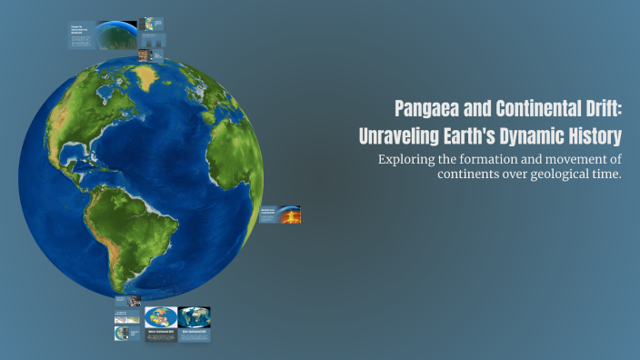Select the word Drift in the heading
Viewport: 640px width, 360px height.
pos(595,110)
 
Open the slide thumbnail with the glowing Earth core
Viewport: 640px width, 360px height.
pos(288,215)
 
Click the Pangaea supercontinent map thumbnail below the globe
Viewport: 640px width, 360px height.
pos(161,317)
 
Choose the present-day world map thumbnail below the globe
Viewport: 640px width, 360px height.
pos(195,316)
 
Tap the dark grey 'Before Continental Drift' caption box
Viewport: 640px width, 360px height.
pos(161,335)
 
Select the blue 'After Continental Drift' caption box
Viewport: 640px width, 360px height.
pos(195,334)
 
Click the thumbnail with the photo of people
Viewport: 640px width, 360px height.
pos(135,301)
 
